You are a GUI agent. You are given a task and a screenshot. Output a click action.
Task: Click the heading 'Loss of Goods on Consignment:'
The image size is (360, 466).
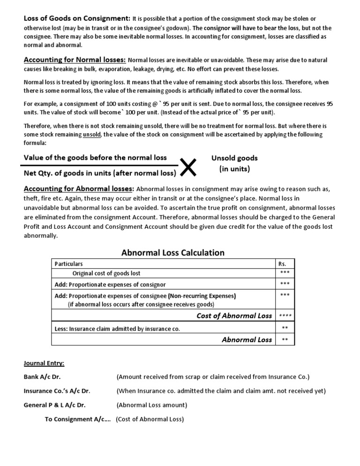point(77,18)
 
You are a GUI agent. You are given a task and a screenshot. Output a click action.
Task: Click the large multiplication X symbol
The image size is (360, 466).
point(188,167)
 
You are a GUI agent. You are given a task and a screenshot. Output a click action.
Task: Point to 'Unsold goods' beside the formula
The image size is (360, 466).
point(234,158)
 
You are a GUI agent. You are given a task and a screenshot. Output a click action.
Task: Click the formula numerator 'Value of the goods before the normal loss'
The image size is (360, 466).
point(95,158)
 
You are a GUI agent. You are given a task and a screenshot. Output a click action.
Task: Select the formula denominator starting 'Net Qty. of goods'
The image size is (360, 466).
point(100,173)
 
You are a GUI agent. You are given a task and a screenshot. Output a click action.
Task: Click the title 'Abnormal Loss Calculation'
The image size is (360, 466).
point(173,253)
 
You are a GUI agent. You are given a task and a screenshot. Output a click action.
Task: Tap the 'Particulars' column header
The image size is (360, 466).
point(69,264)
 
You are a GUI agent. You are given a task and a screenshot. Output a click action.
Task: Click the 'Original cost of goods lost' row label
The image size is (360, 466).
point(106,273)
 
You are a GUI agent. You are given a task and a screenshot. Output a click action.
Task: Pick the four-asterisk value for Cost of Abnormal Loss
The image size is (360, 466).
point(285,316)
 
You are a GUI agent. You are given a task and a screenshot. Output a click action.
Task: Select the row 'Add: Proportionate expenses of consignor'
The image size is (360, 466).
point(110,285)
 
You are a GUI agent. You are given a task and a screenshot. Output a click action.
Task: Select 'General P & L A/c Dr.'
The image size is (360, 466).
point(54,405)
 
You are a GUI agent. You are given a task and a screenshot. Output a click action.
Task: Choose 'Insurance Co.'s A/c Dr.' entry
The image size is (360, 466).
point(56,391)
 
